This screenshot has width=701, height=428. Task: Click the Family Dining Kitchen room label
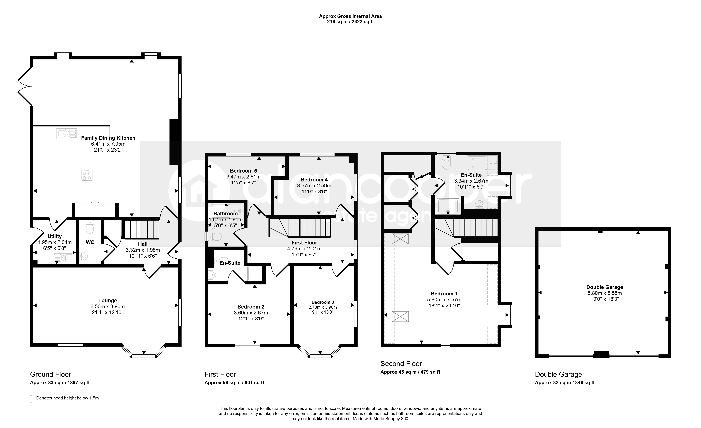[108, 138]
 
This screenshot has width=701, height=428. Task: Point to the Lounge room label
[108, 300]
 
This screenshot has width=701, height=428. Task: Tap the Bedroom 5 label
[243, 171]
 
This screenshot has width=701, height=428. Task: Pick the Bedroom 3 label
[323, 302]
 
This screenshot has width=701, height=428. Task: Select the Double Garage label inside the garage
[605, 287]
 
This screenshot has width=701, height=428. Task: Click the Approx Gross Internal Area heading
[350, 16]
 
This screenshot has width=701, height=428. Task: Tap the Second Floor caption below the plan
[401, 364]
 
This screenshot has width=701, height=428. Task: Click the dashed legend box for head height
[32, 399]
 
